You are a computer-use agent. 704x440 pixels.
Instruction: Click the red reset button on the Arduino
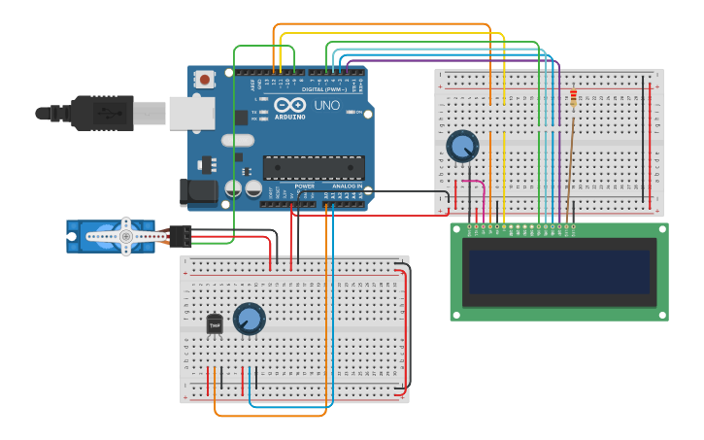(205, 80)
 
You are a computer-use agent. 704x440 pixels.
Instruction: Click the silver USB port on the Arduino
(191, 113)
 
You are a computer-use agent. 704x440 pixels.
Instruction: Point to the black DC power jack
(199, 191)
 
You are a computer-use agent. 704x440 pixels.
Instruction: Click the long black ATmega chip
(314, 167)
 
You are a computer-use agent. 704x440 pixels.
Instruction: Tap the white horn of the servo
(125, 236)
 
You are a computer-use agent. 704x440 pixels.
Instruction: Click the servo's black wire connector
(181, 236)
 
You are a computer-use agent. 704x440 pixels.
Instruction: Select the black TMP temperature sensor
(215, 324)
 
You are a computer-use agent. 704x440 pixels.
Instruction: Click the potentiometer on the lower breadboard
(249, 319)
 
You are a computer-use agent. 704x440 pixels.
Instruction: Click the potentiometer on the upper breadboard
(462, 147)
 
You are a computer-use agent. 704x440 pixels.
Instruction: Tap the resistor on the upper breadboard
(573, 98)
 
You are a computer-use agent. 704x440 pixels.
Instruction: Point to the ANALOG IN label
(346, 186)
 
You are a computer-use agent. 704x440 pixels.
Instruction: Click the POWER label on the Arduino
(304, 186)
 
